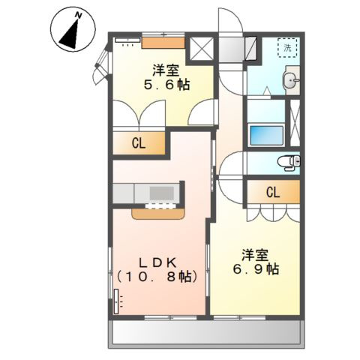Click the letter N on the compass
click(x=79, y=16)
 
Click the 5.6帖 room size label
click(x=166, y=85)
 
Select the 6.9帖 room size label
click(x=256, y=269)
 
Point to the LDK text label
click(x=157, y=262)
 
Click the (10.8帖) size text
click(x=157, y=277)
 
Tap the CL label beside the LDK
click(x=139, y=143)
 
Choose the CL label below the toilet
click(x=273, y=193)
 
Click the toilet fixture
click(x=289, y=163)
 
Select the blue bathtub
click(x=266, y=136)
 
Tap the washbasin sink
click(x=291, y=80)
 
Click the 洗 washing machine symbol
click(x=287, y=48)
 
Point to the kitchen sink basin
click(x=162, y=193)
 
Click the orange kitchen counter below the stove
click(x=158, y=214)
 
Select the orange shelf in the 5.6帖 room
click(x=163, y=43)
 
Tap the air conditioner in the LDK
click(x=116, y=301)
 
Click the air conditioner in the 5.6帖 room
click(x=127, y=40)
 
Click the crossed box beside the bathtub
click(x=295, y=123)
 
